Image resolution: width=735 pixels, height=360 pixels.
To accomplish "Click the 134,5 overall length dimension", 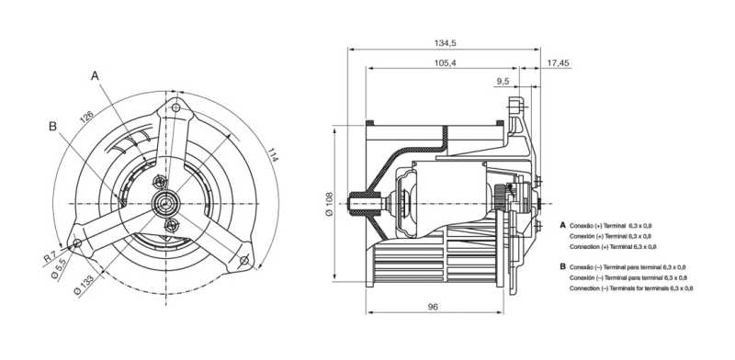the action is [x=446, y=42].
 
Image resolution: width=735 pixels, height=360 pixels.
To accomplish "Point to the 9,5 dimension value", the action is [x=503, y=82].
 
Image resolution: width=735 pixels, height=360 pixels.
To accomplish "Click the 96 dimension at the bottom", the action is [x=433, y=307].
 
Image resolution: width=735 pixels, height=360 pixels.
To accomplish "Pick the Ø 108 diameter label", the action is [x=329, y=204].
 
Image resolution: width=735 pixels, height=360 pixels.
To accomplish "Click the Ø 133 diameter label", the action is [x=85, y=285].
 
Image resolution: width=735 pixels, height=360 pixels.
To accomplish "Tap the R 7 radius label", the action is [x=51, y=256].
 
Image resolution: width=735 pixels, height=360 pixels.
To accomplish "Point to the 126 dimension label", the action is [x=86, y=117].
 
